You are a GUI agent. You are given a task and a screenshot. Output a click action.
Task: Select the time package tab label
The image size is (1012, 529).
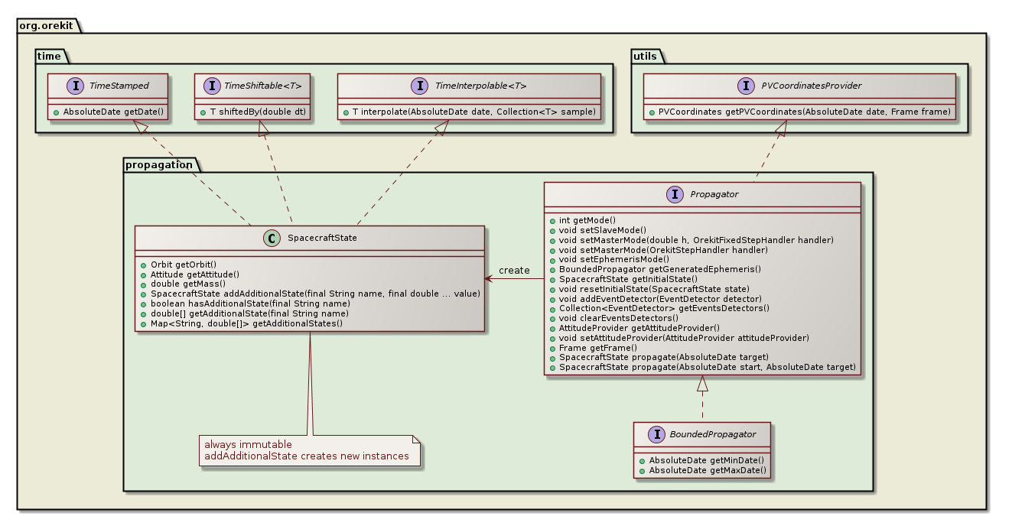tap(50, 56)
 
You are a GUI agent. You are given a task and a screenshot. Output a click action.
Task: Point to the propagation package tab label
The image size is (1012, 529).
tap(158, 164)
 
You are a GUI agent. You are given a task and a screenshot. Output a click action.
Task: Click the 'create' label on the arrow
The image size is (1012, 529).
tap(514, 271)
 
